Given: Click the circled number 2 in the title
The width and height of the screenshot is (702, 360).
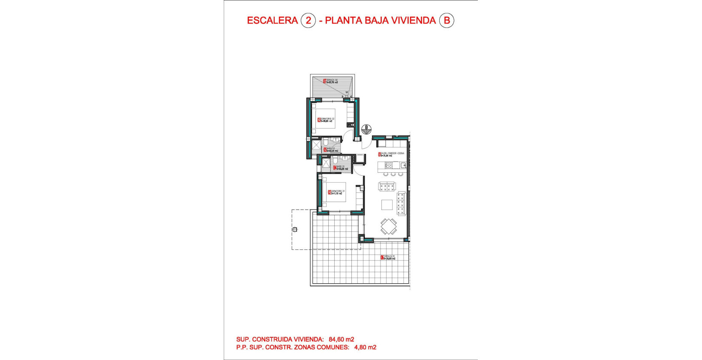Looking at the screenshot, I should coord(308,20).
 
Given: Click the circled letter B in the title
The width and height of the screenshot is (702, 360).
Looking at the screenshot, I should coord(447,20).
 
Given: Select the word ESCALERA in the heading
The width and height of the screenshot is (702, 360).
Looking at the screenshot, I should coord(272,20).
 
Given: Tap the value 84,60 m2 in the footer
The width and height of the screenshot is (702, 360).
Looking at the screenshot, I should coord(341,339).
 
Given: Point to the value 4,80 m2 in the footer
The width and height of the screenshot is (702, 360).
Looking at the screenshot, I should coord(365,347).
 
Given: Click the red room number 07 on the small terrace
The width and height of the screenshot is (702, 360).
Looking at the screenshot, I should coord(324,81).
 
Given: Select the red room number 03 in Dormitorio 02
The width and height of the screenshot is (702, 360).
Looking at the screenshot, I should coord(319,120).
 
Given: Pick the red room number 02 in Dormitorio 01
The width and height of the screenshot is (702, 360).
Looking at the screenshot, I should coord(329,192).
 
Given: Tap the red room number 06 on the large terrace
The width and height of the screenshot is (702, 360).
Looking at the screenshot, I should coord(382,258).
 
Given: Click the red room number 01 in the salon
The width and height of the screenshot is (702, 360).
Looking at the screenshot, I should coord(379,154).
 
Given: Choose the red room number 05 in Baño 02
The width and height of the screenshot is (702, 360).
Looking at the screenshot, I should coord(325,150).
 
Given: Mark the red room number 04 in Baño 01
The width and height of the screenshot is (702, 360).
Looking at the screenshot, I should coord(335,168).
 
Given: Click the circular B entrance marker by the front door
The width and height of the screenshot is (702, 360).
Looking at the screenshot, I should coord(366,128).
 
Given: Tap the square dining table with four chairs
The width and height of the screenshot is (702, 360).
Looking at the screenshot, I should coord(389,226).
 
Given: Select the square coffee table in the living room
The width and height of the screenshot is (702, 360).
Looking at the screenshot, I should coord(387,205).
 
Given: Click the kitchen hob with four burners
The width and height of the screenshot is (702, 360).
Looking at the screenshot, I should coord(389,165).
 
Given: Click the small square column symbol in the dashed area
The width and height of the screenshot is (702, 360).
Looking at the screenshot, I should coord(295,230).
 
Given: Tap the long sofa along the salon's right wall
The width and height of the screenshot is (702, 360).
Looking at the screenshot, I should coord(401,203).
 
